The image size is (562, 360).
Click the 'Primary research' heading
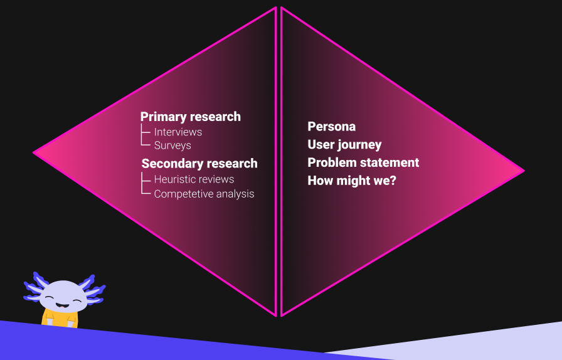190,117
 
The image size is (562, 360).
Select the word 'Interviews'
178,132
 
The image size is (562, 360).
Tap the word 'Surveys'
172,146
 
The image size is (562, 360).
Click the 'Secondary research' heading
199,164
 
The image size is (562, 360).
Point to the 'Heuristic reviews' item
194,179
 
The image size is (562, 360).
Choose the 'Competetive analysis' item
204,194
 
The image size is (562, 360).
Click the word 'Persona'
332,127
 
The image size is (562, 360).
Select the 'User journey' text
344,145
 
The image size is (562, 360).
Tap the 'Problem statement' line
363,162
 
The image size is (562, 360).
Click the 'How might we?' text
352,181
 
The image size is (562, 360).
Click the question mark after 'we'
393,181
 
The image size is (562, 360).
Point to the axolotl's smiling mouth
62,305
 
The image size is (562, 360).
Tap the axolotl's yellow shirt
60,319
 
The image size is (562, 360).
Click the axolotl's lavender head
63,296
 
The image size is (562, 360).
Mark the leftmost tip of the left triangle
33,153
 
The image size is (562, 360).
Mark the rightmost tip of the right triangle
524,171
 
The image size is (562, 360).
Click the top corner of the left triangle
276,7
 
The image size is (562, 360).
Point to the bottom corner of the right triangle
282,316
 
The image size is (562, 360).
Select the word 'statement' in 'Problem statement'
388,162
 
